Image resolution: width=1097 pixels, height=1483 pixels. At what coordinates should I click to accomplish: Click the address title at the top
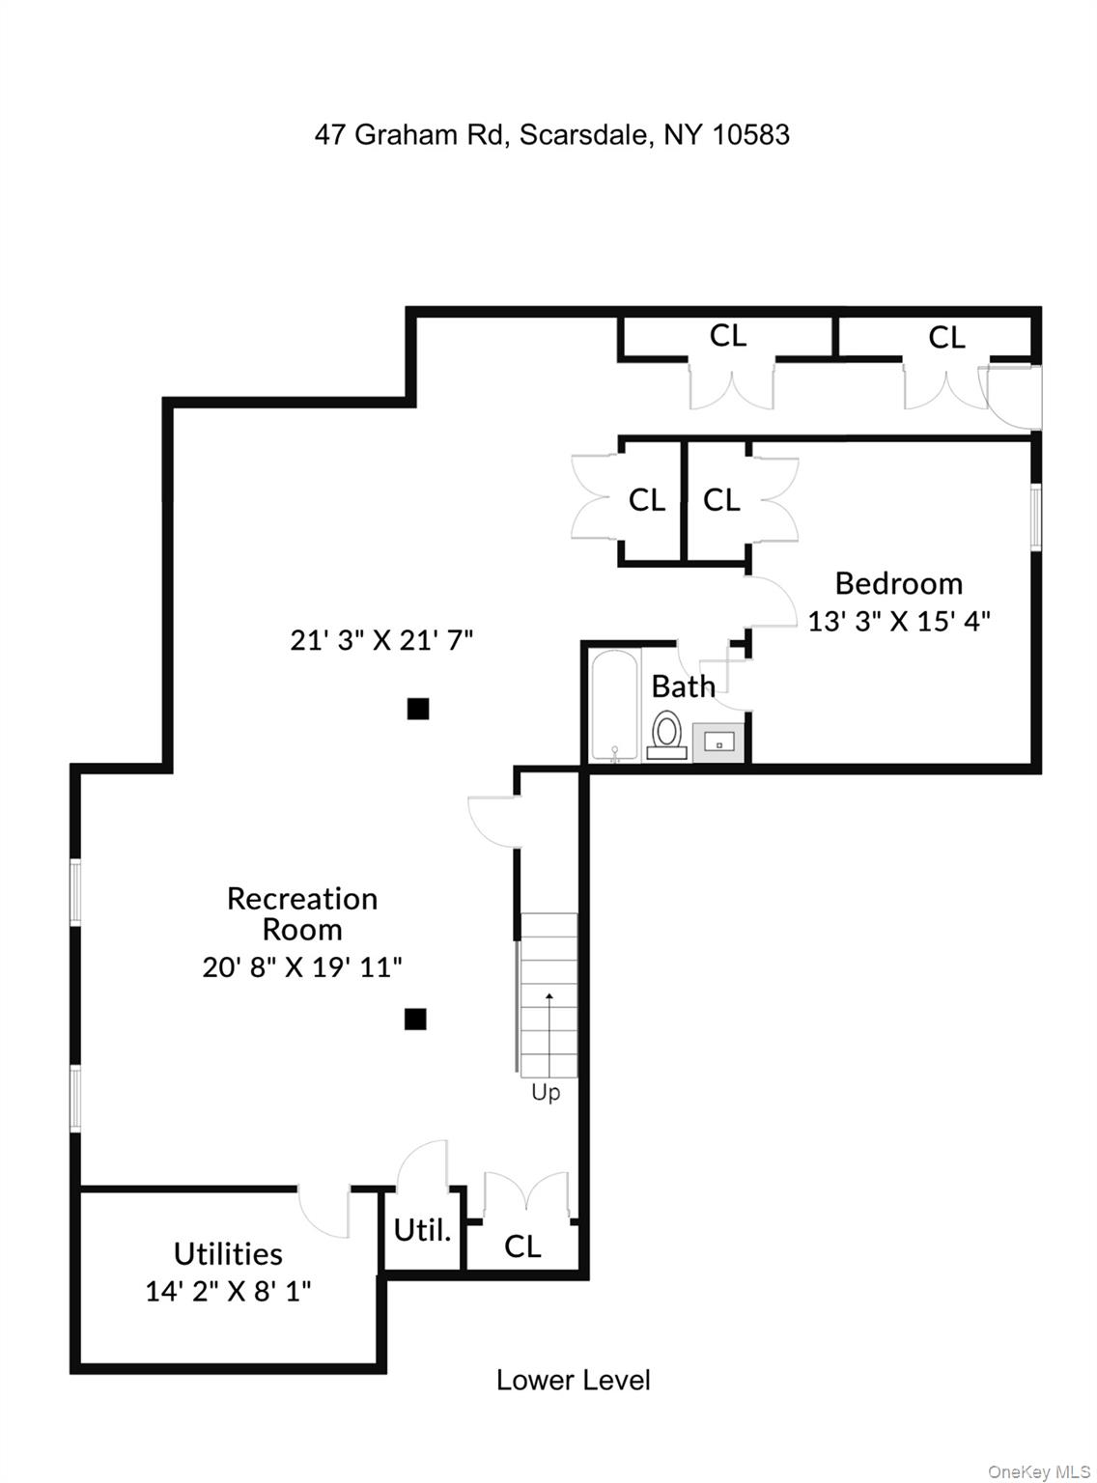pyautogui.click(x=551, y=134)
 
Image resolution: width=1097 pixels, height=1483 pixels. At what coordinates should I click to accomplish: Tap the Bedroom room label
pyautogui.click(x=898, y=583)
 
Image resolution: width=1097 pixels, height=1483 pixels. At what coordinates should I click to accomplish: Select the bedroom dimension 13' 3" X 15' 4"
pyautogui.click(x=898, y=621)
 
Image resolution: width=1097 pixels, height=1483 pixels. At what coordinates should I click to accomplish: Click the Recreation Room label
pyautogui.click(x=302, y=913)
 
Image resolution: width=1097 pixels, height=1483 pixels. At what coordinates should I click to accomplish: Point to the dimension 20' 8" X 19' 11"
pyautogui.click(x=302, y=966)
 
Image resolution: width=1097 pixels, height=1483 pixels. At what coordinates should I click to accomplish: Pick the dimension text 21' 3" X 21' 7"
pyautogui.click(x=381, y=639)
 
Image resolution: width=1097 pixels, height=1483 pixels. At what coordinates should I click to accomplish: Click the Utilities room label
pyautogui.click(x=228, y=1253)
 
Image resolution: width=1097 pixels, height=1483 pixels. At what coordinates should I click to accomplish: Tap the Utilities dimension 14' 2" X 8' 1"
pyautogui.click(x=228, y=1291)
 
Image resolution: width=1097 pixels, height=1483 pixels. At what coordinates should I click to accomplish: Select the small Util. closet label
pyautogui.click(x=422, y=1230)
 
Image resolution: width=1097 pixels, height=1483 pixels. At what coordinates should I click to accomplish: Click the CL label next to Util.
pyautogui.click(x=522, y=1246)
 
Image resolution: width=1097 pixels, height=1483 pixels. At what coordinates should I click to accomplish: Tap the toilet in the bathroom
pyautogui.click(x=666, y=733)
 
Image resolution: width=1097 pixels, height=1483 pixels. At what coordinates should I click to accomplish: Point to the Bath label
pyautogui.click(x=683, y=686)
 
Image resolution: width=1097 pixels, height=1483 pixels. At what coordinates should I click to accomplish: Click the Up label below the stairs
pyautogui.click(x=546, y=1093)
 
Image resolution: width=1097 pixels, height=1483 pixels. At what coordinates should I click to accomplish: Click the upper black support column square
pyautogui.click(x=417, y=709)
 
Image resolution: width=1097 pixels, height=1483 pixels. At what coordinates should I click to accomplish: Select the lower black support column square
pyautogui.click(x=415, y=1019)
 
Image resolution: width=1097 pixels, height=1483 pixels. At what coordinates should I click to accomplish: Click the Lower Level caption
pyautogui.click(x=573, y=1380)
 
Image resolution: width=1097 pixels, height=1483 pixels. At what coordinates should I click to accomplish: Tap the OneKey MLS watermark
pyautogui.click(x=1038, y=1471)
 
